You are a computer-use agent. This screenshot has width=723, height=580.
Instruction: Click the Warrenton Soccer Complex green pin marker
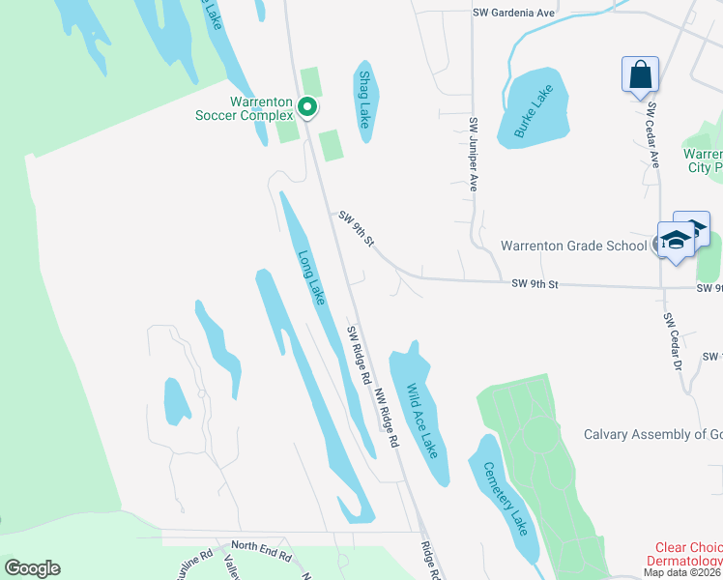[x=307, y=106]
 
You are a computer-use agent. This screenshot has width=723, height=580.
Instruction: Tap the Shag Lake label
[x=364, y=100]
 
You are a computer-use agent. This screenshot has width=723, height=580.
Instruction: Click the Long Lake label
[x=309, y=279]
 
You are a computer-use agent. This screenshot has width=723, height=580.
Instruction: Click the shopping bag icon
[x=640, y=73]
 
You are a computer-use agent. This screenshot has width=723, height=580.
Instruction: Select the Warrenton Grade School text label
[x=573, y=246]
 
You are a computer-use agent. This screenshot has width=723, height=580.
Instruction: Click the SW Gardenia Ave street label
[x=515, y=13]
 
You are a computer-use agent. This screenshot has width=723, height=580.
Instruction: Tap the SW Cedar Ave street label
[x=653, y=135]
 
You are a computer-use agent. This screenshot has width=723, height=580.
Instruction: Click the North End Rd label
[x=261, y=555]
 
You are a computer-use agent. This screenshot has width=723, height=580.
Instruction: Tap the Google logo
[x=32, y=568]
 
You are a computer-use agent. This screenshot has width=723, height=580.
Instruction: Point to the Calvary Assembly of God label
[x=652, y=434]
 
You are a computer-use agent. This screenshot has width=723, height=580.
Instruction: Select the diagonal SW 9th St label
[x=357, y=229]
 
